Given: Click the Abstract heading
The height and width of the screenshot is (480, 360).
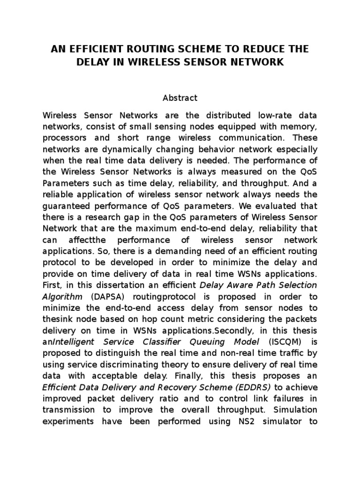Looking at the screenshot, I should pyautogui.click(x=180, y=98).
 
